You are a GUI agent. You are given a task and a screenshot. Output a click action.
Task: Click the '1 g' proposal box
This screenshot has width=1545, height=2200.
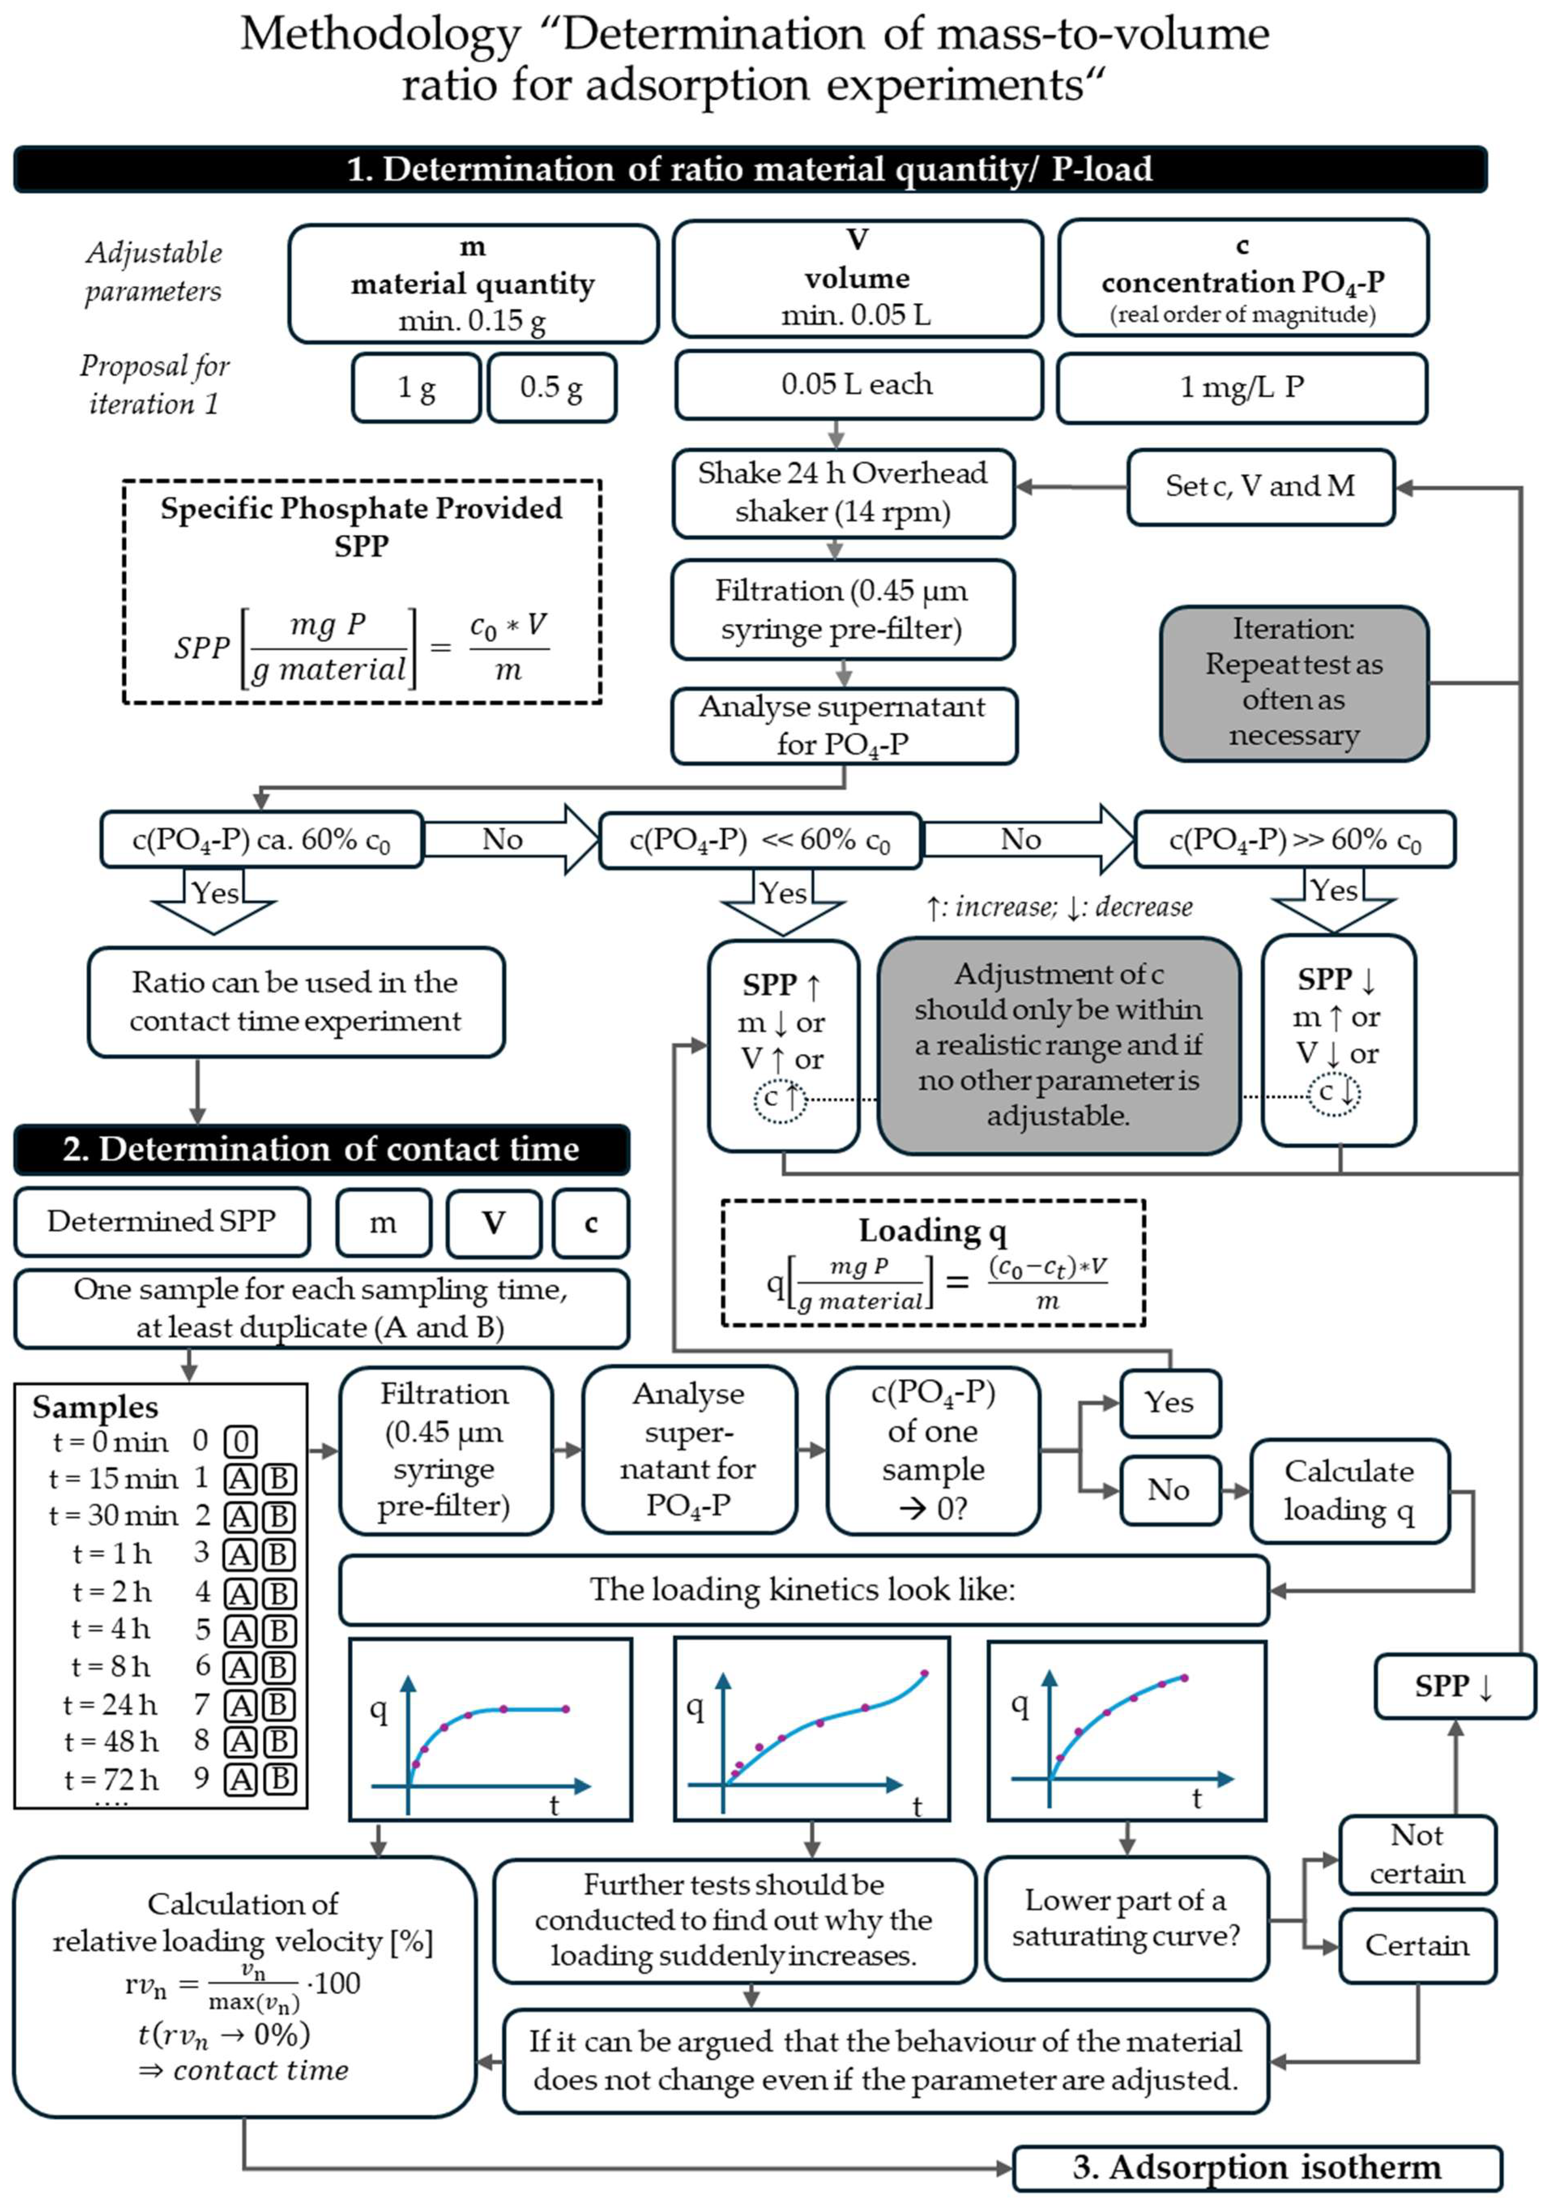click(416, 387)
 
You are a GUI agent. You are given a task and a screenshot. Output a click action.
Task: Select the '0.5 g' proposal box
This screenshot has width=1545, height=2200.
click(552, 387)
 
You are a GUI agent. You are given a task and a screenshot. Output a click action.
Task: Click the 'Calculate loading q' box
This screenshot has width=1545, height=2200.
click(1349, 1490)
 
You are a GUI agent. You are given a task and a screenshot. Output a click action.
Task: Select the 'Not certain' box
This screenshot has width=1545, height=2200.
click(1417, 1854)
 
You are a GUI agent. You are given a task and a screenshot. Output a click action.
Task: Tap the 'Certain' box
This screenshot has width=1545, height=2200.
click(1417, 1945)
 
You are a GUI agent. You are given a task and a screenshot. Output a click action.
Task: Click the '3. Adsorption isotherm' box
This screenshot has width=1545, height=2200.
click(1257, 2168)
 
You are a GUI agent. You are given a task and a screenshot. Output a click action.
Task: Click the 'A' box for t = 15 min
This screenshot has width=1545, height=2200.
click(241, 1478)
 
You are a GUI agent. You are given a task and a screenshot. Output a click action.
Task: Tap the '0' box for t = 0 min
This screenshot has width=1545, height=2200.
click(241, 1441)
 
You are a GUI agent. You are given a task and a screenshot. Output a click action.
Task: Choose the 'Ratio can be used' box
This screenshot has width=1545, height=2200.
click(296, 1001)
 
